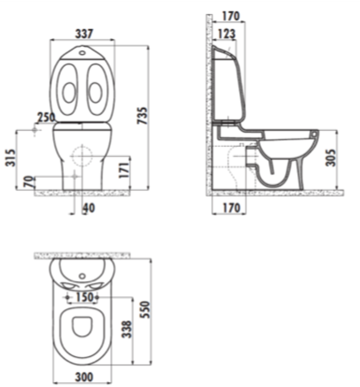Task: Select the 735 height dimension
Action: click(142, 115)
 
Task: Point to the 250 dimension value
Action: click(46, 117)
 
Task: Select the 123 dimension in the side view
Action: click(226, 34)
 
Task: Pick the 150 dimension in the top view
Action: click(84, 297)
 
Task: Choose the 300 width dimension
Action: click(84, 377)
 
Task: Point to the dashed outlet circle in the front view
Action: click(80, 156)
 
